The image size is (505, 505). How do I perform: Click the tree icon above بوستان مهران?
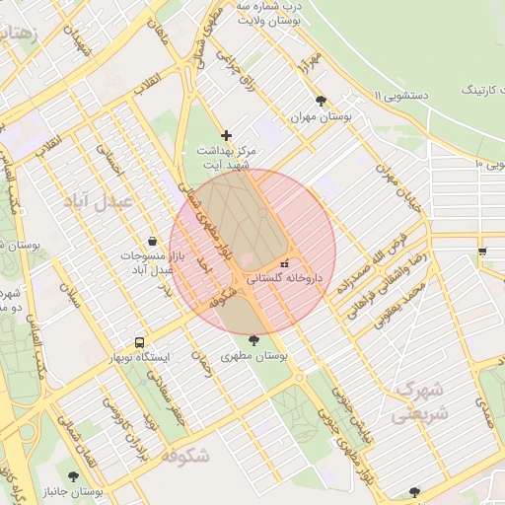point(322,101)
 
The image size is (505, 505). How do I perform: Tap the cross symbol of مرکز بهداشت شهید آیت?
point(227,135)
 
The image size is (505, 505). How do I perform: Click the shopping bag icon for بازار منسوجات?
point(152,241)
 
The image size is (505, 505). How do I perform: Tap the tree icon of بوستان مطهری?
point(254,340)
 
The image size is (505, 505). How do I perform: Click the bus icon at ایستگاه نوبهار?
point(138,343)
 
